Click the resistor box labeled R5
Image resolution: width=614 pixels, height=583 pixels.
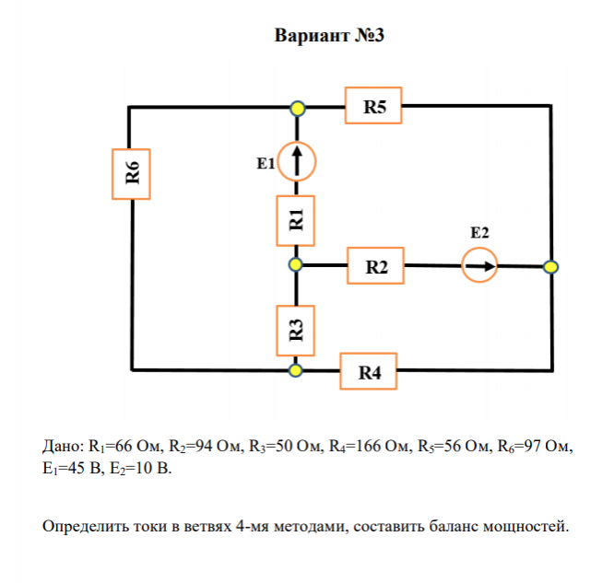pyautogui.click(x=373, y=107)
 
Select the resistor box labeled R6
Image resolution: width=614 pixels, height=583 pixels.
pyautogui.click(x=132, y=173)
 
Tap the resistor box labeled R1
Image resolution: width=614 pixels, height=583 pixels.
pyautogui.click(x=296, y=220)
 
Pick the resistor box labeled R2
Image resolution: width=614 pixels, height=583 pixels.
pyautogui.click(x=376, y=267)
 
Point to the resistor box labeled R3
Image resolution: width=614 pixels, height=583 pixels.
pyautogui.click(x=296, y=330)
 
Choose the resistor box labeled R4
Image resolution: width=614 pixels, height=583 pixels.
pyautogui.click(x=370, y=372)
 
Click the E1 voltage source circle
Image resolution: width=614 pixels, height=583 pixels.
pyautogui.click(x=296, y=161)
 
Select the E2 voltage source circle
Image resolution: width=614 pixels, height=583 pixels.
pyautogui.click(x=478, y=266)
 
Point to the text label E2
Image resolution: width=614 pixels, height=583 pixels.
pyautogui.click(x=479, y=232)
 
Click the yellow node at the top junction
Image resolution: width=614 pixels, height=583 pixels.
pyautogui.click(x=297, y=109)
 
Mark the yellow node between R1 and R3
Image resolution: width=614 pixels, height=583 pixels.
pyautogui.click(x=296, y=265)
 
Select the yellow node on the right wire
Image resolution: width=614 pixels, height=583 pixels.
pyautogui.click(x=550, y=267)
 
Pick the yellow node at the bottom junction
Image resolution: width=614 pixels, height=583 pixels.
pyautogui.click(x=296, y=370)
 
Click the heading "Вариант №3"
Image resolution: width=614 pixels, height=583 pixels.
pyautogui.click(x=329, y=36)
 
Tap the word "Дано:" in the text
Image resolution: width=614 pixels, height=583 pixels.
pyautogui.click(x=63, y=448)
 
